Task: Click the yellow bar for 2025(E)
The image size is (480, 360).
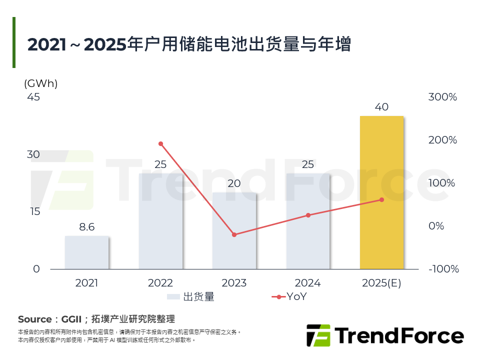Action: [381, 192]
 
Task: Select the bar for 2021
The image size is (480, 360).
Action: [86, 252]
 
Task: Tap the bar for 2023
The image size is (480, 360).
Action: [234, 231]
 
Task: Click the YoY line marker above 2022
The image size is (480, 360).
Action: [160, 144]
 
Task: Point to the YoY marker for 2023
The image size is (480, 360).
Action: [234, 234]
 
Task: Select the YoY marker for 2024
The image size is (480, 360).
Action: [308, 215]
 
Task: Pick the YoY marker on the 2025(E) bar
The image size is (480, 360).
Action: [381, 199]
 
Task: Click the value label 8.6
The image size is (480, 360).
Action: [86, 227]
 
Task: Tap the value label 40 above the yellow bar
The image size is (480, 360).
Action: [381, 107]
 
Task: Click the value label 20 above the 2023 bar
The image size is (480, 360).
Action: [234, 183]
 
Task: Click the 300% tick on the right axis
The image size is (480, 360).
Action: [442, 97]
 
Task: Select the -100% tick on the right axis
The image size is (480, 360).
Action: [442, 269]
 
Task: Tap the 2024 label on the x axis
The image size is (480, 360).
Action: [308, 283]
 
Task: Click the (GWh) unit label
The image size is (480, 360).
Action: [40, 83]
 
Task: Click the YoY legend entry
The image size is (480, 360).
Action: [296, 297]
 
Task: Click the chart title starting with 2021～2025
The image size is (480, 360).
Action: [189, 44]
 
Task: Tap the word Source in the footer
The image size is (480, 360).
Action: [34, 319]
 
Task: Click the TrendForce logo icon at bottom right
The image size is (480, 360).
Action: [318, 335]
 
